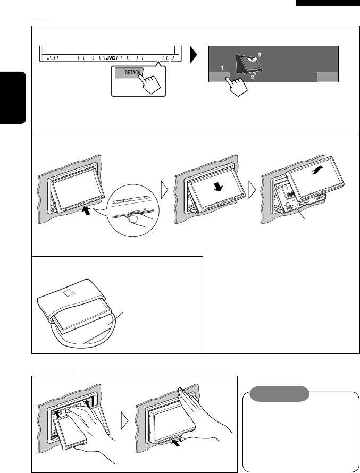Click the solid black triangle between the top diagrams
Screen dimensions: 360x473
click(194, 55)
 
